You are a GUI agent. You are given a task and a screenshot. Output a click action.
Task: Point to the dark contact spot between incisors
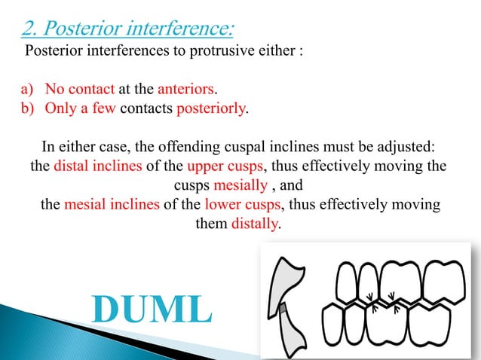click(x=284, y=308)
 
